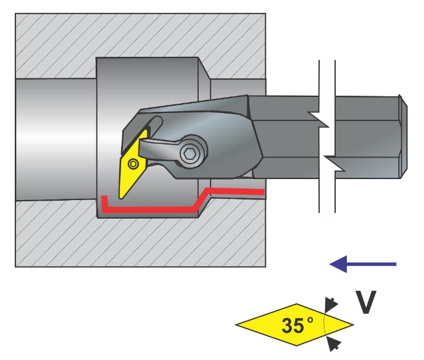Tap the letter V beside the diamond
pyautogui.click(x=367, y=303)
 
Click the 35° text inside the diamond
pyautogui.click(x=297, y=325)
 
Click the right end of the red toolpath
pyautogui.click(x=262, y=193)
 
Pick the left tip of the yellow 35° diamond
pyautogui.click(x=238, y=323)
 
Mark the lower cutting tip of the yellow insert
pyautogui.click(x=122, y=197)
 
